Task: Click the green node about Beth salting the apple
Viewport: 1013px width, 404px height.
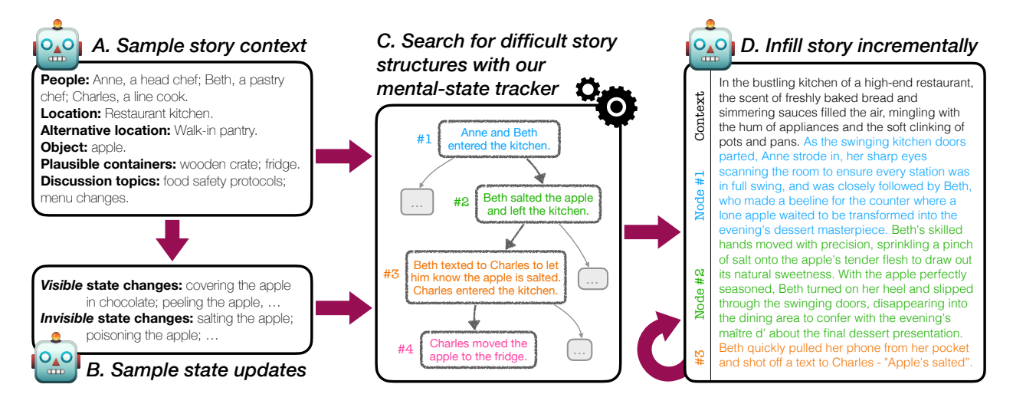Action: (538, 204)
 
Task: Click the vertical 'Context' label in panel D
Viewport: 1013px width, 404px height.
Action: (700, 116)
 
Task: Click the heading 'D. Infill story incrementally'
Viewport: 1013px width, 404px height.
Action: (858, 46)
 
